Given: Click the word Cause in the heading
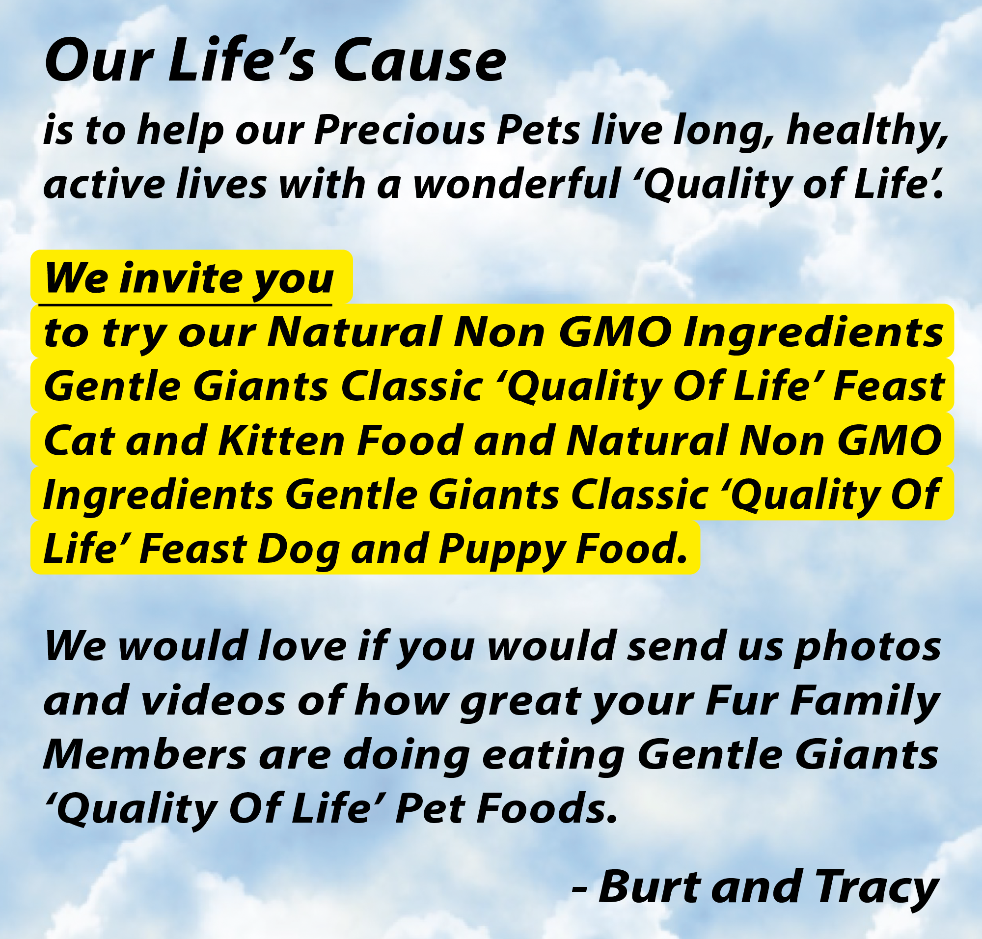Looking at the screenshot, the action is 419,61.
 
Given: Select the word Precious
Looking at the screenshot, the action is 399,130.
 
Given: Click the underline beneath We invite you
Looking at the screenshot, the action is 185,304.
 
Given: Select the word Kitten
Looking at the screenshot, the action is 281,441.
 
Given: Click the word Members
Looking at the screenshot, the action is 145,754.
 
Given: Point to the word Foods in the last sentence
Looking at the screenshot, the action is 546,808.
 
